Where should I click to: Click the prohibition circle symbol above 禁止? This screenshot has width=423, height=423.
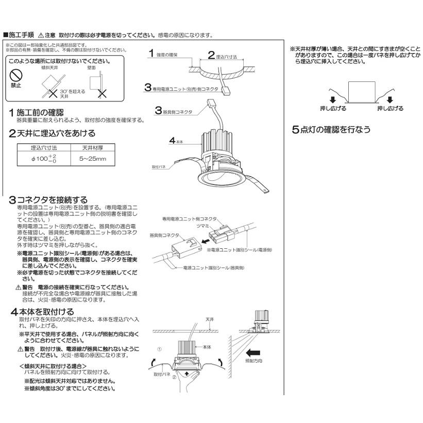pos(16,74)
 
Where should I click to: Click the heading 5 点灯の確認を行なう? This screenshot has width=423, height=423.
pos(331,129)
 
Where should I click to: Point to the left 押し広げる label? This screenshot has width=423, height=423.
pos(333,109)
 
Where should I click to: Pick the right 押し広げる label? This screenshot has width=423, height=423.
pos(390,109)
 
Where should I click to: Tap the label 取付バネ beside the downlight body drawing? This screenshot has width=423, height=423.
pos(160,167)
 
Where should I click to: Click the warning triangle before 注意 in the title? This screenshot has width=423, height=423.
pos(41,36)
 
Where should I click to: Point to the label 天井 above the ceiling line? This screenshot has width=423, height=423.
pos(209,319)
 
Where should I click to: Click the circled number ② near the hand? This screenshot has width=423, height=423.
pos(174,377)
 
